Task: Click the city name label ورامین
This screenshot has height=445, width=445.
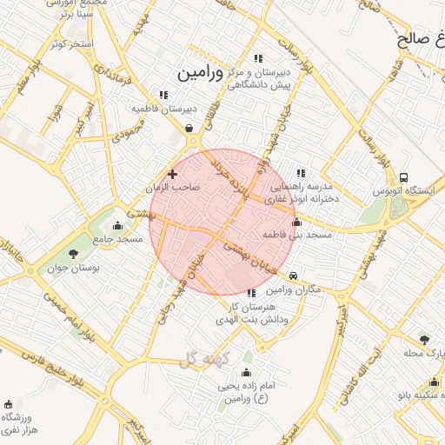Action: point(202,73)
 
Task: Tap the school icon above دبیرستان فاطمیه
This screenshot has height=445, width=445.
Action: point(163,95)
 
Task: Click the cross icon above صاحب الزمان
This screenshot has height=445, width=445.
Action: point(172,174)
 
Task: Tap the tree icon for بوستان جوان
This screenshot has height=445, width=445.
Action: point(74,254)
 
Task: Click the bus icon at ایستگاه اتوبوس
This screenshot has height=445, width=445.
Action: point(403,176)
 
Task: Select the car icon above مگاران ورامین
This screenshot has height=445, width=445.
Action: point(294,276)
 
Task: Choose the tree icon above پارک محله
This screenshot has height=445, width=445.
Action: point(424,339)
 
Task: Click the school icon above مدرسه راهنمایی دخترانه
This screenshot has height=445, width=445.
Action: point(301,173)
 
